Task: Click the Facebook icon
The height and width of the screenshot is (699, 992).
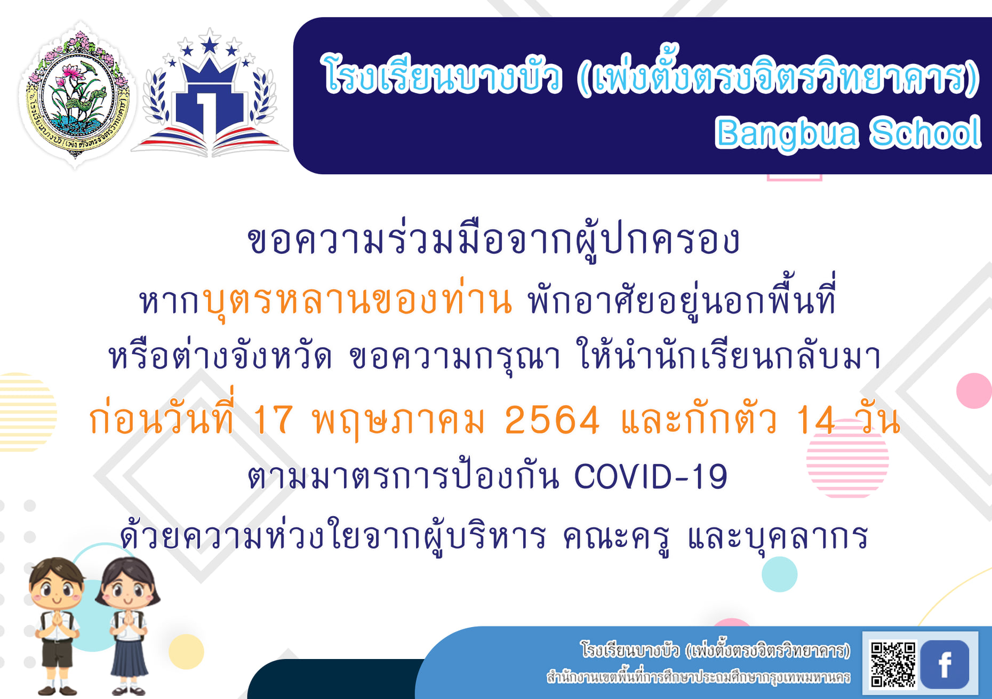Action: click(945, 664)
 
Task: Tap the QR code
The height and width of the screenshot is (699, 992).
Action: click(893, 664)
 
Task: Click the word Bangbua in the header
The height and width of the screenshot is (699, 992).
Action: click(787, 134)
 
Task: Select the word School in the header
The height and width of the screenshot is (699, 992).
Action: click(925, 132)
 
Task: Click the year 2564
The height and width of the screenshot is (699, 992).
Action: click(552, 420)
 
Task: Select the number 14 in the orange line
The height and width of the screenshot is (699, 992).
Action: click(815, 420)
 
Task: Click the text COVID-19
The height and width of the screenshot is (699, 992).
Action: click(651, 476)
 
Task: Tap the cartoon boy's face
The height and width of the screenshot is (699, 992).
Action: click(56, 584)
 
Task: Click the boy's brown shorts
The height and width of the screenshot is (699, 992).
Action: click(57, 653)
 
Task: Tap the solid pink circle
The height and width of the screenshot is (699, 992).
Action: click(974, 391)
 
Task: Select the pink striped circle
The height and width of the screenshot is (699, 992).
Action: click(847, 458)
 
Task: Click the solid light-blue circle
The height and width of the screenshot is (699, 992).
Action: click(780, 574)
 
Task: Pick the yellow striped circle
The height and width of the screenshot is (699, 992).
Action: click(27, 412)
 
